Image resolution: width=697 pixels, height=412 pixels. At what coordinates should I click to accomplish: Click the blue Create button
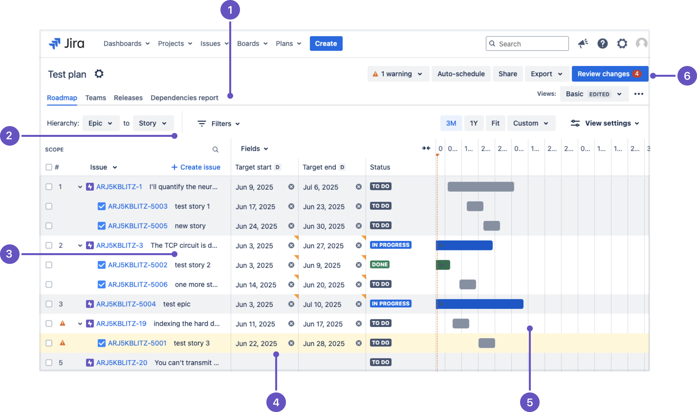tap(326, 43)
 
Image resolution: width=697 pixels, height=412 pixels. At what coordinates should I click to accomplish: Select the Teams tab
tap(96, 98)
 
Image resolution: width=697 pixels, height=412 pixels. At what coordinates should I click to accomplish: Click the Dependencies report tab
tap(184, 98)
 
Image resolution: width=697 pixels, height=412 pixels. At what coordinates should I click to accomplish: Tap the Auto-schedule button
tap(461, 74)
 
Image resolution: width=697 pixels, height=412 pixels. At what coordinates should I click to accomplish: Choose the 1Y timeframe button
tap(474, 123)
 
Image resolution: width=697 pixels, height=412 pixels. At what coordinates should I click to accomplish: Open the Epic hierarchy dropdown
tap(100, 123)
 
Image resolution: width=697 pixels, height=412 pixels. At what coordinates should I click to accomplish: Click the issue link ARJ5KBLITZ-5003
tap(138, 206)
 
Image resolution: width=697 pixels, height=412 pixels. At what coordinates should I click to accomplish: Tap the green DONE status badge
tap(380, 265)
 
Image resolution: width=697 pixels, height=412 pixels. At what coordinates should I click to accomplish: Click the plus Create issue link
tap(196, 167)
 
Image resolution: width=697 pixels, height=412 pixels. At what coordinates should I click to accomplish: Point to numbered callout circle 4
tap(276, 402)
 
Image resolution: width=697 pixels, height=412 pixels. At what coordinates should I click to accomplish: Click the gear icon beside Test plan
tap(99, 74)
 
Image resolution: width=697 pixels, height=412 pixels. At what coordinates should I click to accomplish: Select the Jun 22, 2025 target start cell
tap(256, 343)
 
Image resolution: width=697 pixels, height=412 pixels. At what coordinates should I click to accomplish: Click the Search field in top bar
tap(527, 43)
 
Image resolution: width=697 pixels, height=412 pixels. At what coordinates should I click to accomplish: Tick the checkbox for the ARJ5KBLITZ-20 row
tap(49, 363)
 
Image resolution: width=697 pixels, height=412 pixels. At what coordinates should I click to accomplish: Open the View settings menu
tap(605, 123)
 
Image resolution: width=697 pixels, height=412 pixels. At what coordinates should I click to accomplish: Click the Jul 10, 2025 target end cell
tap(322, 304)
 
